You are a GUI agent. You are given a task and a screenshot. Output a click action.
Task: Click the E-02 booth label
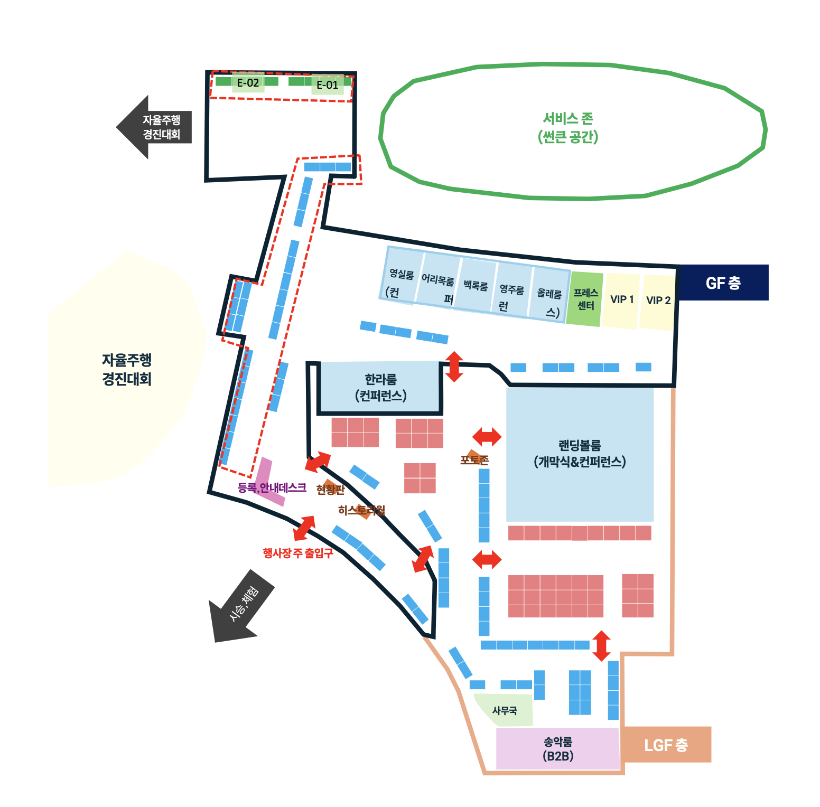coord(248,83)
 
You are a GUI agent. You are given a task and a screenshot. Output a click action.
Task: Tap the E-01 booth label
coord(327,85)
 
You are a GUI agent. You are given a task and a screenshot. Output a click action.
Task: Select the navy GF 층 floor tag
coord(723,283)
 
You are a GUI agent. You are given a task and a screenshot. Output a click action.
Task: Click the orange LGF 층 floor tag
coord(666,745)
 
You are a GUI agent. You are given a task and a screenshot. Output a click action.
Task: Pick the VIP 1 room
coord(622,299)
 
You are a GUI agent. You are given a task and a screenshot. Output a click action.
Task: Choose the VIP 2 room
coord(658,301)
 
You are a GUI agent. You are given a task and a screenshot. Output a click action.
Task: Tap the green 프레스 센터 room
coord(585,299)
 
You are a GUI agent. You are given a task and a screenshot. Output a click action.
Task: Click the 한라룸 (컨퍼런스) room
coord(380,387)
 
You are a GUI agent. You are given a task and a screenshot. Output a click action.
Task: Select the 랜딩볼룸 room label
coord(580,453)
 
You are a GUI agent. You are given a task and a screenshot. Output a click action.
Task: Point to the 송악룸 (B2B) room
coord(558,748)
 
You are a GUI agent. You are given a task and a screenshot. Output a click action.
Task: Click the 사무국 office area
coord(505,711)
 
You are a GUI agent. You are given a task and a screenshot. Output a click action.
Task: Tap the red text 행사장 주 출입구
coord(298,553)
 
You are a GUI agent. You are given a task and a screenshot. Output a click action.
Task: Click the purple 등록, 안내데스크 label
coord(272,487)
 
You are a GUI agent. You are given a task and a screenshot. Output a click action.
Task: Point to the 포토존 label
coord(474,460)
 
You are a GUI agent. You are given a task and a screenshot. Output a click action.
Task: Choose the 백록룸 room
coord(476,286)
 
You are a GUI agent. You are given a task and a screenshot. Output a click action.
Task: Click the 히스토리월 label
coord(362,510)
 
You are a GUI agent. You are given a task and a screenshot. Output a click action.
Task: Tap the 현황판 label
coord(330,490)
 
